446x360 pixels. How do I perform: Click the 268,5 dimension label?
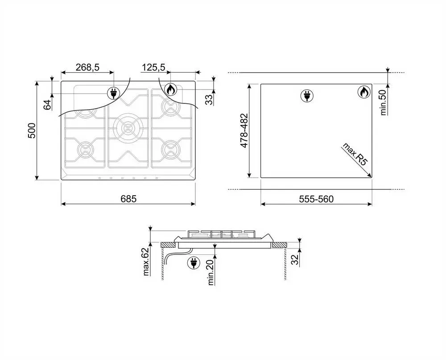coord(87,67)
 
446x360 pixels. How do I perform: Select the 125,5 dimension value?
coord(153,67)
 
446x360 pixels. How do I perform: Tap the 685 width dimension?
coord(128,199)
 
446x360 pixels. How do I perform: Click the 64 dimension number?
coord(48,105)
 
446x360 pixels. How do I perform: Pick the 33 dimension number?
coord(209,100)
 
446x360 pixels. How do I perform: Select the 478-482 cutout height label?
coord(244,131)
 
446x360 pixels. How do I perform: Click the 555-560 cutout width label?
coord(316,199)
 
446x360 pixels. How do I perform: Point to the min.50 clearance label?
coord(384,102)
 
